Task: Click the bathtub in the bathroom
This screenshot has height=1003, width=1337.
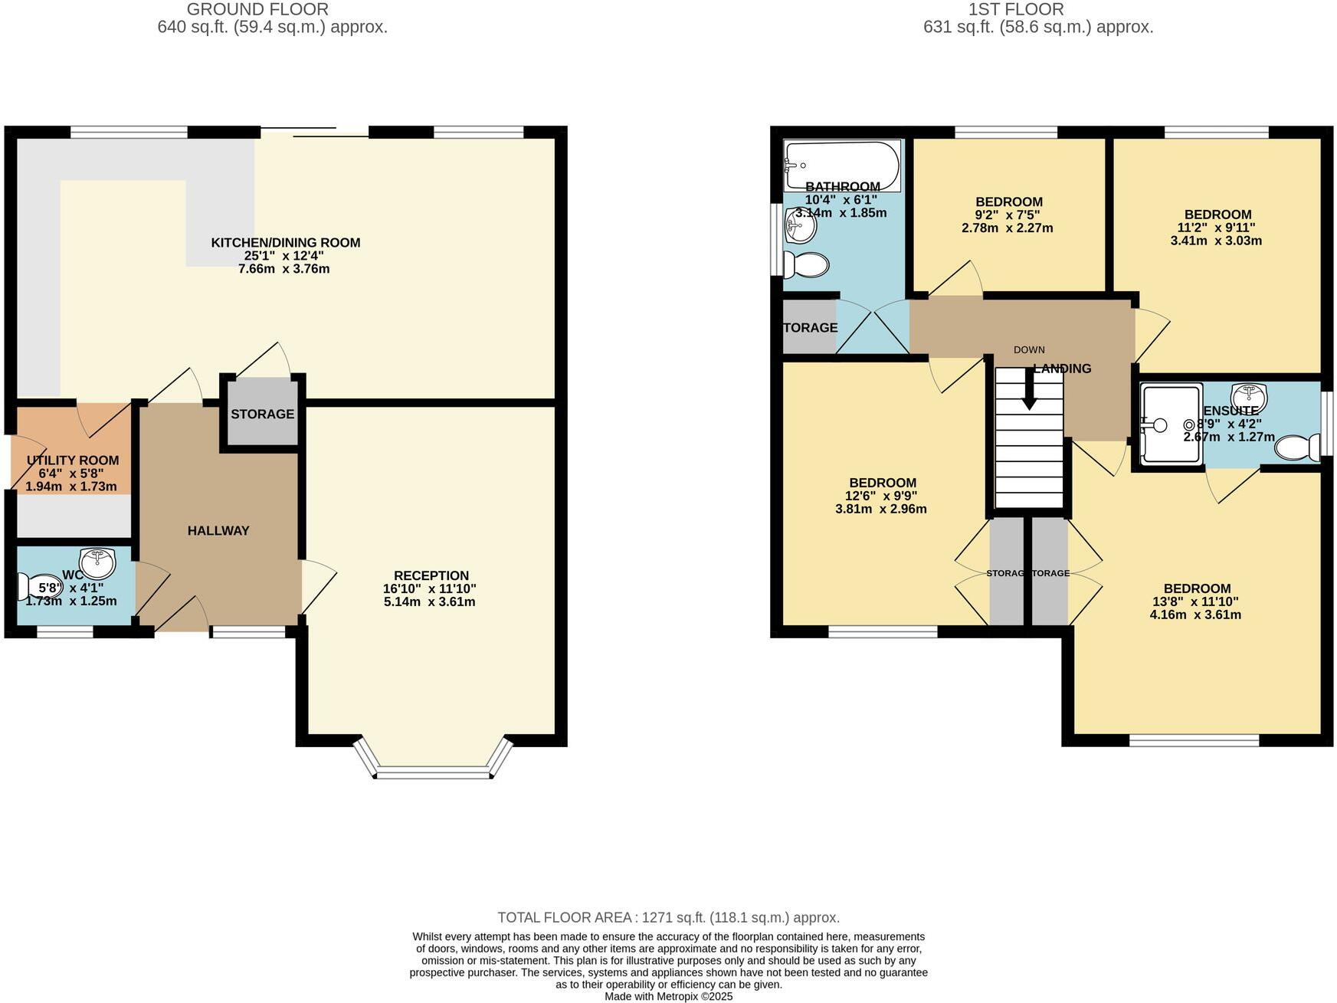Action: click(x=841, y=165)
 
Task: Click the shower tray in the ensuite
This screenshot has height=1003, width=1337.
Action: click(x=1170, y=424)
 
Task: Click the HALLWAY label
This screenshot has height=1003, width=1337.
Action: click(x=218, y=530)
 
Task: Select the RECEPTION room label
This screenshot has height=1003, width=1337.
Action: click(x=431, y=575)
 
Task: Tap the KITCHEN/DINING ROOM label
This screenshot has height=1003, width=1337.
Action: click(x=285, y=243)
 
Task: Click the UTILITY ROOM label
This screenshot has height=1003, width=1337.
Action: click(x=73, y=461)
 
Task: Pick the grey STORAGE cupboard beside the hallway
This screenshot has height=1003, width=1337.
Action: click(x=262, y=414)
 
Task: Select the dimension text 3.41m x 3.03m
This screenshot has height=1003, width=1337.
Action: click(x=1216, y=241)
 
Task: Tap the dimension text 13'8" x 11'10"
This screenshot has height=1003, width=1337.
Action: click(x=1195, y=601)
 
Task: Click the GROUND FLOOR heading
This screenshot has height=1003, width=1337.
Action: click(x=257, y=9)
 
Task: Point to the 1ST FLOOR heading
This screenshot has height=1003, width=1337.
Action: click(x=1015, y=9)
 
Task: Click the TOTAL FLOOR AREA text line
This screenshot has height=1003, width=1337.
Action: click(x=668, y=917)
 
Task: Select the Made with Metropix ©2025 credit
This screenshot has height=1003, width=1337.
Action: click(x=668, y=996)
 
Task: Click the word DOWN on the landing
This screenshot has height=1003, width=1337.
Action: click(x=1028, y=349)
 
